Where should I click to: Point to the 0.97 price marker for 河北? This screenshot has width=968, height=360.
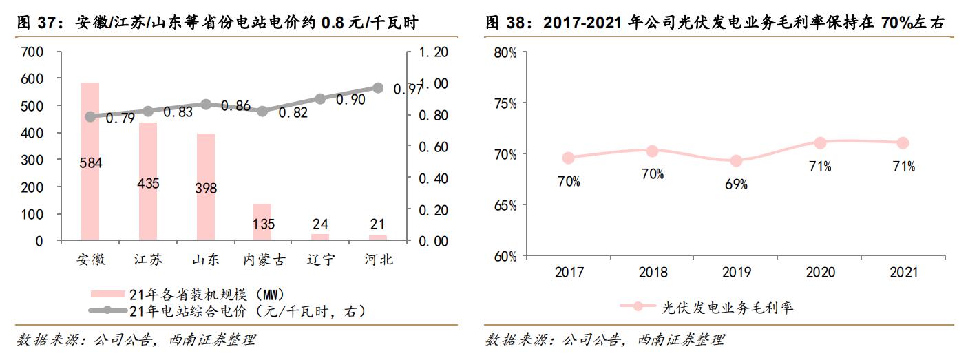coord(377,87)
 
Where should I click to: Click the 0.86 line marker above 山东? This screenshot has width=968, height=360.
coord(205,104)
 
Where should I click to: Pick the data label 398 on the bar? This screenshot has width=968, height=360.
coord(205,188)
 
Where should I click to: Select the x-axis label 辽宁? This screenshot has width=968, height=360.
coord(319,260)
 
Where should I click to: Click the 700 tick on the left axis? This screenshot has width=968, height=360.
coord(32,52)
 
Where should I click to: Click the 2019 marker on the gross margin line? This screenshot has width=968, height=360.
coord(736,161)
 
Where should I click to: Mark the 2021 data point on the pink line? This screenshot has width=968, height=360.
coord(903,142)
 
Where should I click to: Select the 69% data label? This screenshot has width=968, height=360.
coord(736,184)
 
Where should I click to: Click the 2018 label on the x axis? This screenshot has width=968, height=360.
coord(653,273)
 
